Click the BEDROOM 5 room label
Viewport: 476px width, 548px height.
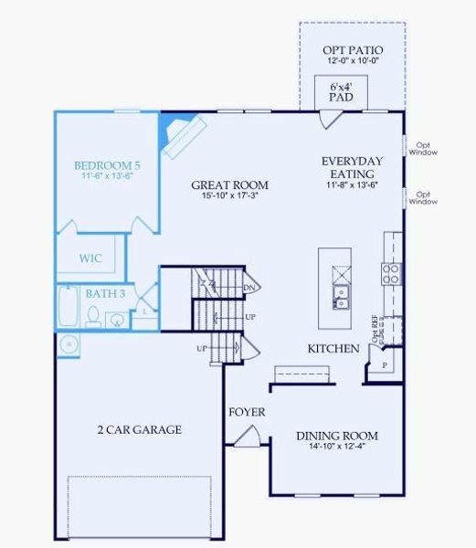[103, 165]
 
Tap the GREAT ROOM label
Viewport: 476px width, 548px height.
[229, 184]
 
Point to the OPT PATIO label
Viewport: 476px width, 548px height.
[353, 49]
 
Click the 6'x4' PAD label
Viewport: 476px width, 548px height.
[340, 90]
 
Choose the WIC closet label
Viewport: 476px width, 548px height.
[90, 258]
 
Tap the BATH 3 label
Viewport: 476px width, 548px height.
[105, 293]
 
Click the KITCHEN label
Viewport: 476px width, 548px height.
[333, 349]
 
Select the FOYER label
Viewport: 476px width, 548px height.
[247, 412]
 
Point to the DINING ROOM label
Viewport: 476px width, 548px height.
[337, 436]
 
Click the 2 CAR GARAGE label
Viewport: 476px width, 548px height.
[140, 429]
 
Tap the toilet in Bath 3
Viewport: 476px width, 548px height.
[93, 316]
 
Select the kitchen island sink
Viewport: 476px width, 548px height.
[340, 296]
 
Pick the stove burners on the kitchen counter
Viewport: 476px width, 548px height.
[391, 273]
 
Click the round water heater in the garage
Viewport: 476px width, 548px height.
[68, 345]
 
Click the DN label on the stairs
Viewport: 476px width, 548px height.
[249, 288]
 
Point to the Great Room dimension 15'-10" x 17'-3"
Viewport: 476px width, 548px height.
[229, 196]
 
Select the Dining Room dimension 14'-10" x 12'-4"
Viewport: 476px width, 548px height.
[337, 448]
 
